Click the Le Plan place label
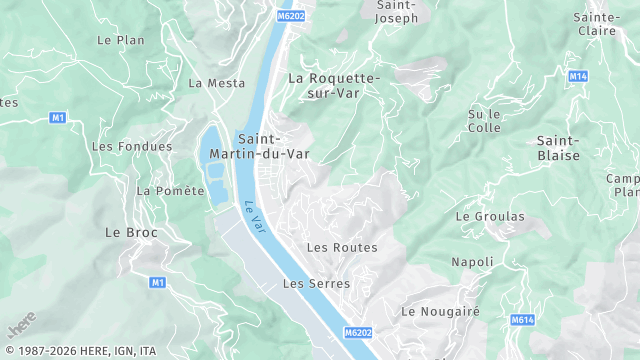(120, 40)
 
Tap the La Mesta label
(216, 83)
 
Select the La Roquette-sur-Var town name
(334, 85)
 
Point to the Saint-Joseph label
(396, 11)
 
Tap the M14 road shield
(577, 76)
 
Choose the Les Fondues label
(118, 146)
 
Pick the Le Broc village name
(131, 232)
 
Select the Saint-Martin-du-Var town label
(274, 145)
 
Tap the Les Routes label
(342, 247)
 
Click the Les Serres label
(316, 284)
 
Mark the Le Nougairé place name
(441, 311)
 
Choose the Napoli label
(472, 262)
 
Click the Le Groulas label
(490, 216)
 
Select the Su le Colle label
(483, 121)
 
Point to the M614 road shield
(521, 320)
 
